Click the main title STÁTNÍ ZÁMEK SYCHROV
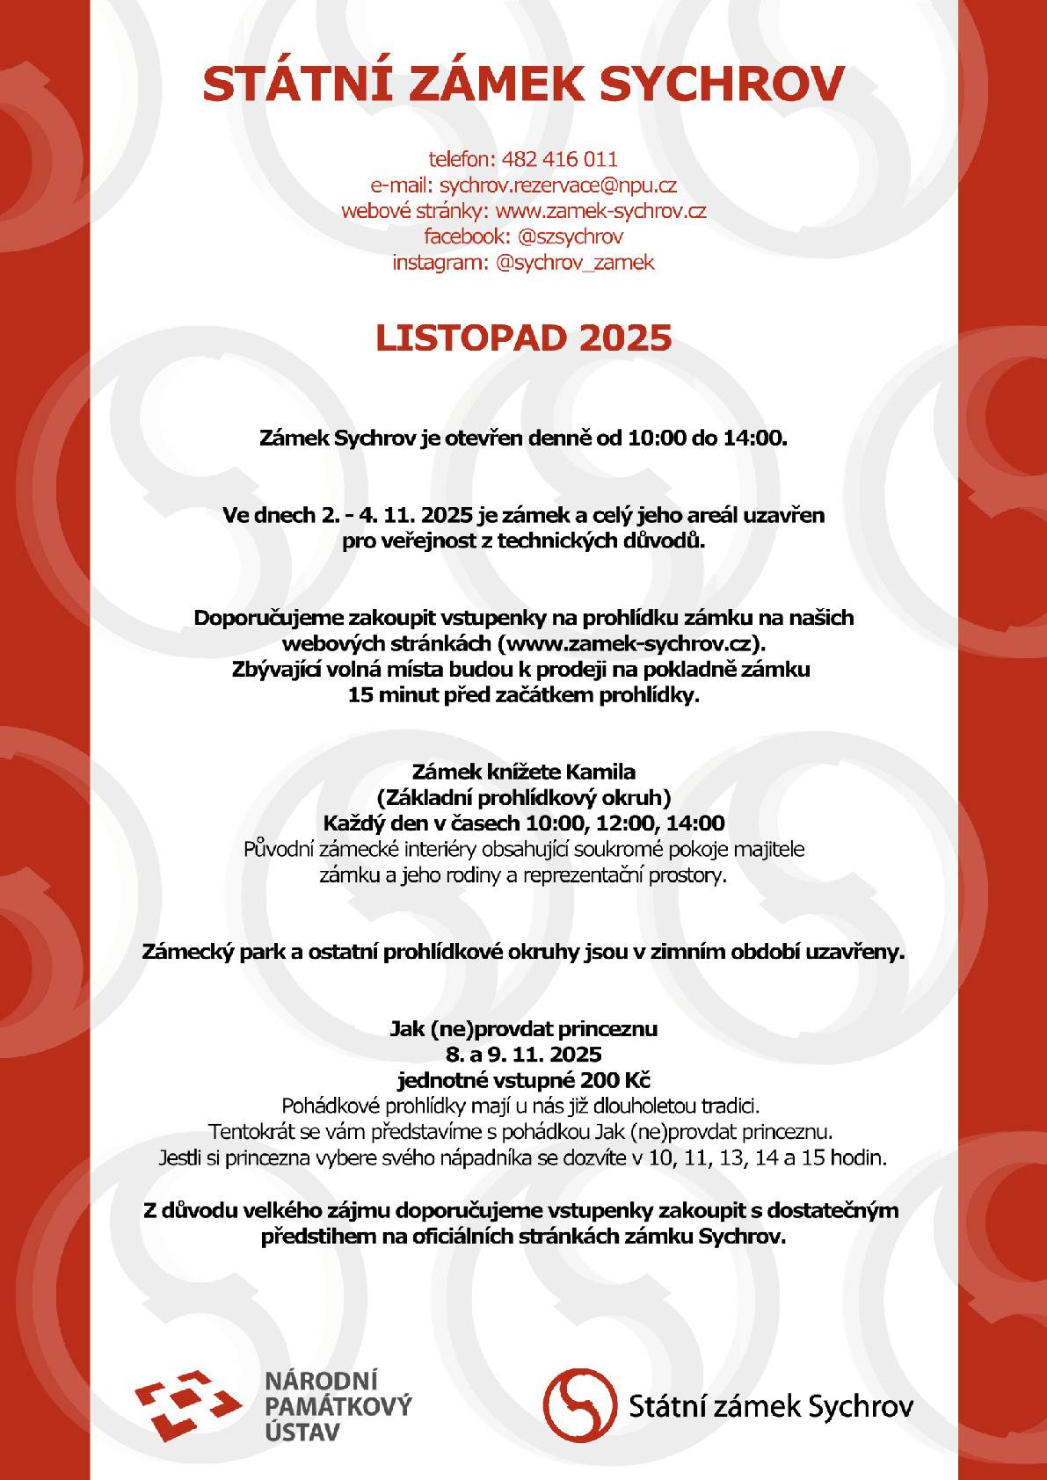[x=523, y=83]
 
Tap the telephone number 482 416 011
[x=559, y=159]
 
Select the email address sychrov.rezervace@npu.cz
[x=557, y=185]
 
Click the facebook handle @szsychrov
[x=571, y=236]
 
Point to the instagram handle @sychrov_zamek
[x=575, y=263]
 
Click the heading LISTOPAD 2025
[x=523, y=338]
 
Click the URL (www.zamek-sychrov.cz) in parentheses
[x=638, y=643]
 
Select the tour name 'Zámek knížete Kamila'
[x=523, y=773]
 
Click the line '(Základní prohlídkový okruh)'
[x=523, y=798]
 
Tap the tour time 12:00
[x=625, y=823]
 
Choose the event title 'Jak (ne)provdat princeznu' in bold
[x=523, y=1028]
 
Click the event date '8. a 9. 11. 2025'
[x=523, y=1054]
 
